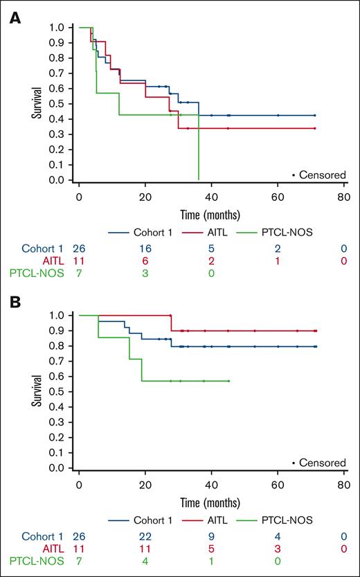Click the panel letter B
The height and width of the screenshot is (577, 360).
pyautogui.click(x=15, y=303)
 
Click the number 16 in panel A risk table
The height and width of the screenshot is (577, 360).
pyautogui.click(x=145, y=249)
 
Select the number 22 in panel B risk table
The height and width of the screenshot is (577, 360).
pyautogui.click(x=145, y=535)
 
